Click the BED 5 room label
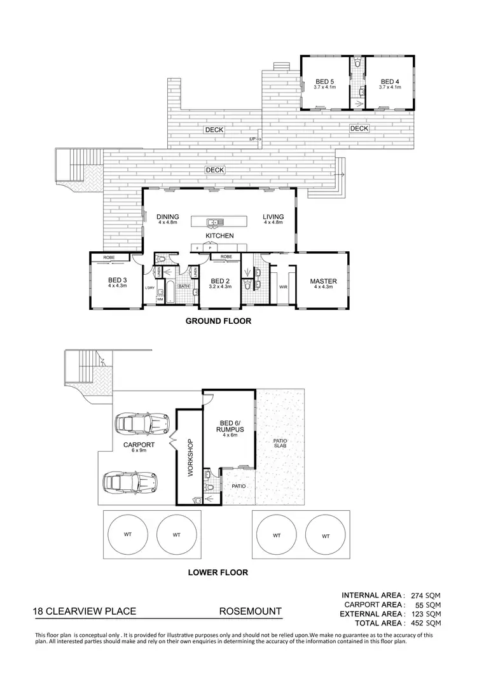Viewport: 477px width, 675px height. pos(325,81)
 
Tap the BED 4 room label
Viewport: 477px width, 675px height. pos(389,81)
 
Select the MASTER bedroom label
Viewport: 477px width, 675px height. pos(323,281)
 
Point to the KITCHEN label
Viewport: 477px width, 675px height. pos(219,236)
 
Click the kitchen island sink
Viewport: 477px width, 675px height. pos(214,222)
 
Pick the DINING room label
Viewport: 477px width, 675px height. pos(168,217)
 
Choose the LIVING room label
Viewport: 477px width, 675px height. pos(273,217)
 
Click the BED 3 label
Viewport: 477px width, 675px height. pos(118,281)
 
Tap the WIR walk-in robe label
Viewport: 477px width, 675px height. pos(283,288)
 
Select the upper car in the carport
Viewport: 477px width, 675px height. pos(141,422)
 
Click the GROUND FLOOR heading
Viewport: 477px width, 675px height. pos(218,321)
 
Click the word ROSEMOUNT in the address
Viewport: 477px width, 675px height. pos(250,611)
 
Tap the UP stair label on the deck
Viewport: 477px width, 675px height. pos(252,138)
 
